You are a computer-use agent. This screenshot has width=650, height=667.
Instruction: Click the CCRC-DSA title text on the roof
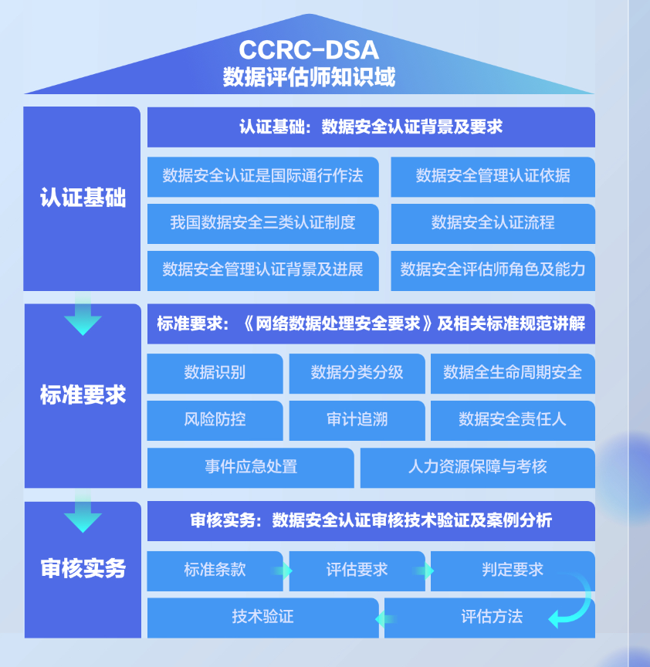[x=309, y=50]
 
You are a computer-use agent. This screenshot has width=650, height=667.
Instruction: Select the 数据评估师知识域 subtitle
[x=309, y=78]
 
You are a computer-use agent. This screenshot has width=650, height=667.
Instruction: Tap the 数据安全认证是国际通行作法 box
[x=262, y=175]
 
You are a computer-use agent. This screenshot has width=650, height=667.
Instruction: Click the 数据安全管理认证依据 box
[x=493, y=175]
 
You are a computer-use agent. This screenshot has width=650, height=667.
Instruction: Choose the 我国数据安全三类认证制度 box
[x=262, y=222]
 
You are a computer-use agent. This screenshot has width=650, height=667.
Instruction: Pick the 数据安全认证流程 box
[x=493, y=222]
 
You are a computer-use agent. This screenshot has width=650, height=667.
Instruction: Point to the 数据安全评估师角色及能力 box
[x=493, y=269]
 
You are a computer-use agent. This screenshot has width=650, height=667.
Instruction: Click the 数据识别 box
[x=215, y=372]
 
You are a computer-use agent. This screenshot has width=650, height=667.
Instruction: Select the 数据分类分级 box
[x=357, y=372]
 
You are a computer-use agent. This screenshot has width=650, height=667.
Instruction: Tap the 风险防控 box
[x=215, y=419]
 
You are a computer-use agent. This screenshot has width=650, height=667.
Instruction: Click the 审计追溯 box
[x=357, y=419]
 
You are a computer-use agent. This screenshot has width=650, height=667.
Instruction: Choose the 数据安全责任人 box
[x=513, y=419]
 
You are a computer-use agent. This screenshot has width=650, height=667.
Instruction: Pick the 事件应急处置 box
[x=250, y=466]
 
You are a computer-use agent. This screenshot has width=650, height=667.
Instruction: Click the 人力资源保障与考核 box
[x=477, y=466]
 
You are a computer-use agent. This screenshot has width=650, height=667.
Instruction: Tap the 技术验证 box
[x=262, y=616]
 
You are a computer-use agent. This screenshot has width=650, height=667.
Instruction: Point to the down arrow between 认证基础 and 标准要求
[x=83, y=316]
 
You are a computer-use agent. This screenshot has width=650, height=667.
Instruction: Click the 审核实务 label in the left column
[x=83, y=569]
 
